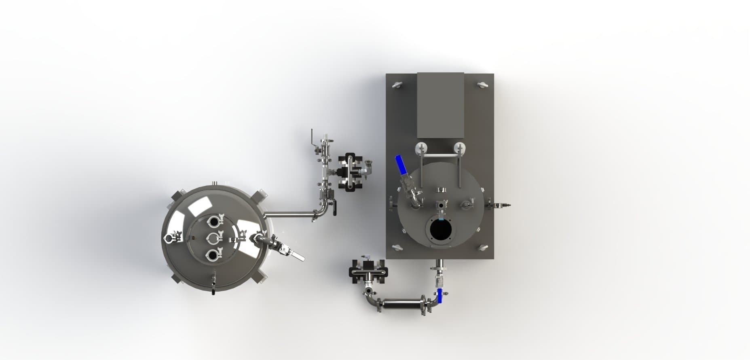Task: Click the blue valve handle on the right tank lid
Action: point(401,165)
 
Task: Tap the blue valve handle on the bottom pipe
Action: point(440,296)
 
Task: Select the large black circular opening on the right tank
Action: point(441,230)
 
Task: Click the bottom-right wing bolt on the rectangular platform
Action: point(483,247)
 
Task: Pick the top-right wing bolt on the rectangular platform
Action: point(483,85)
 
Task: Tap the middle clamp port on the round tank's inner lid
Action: point(213,238)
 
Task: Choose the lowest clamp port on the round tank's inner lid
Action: point(213,255)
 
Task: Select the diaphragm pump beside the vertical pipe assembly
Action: point(350,172)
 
